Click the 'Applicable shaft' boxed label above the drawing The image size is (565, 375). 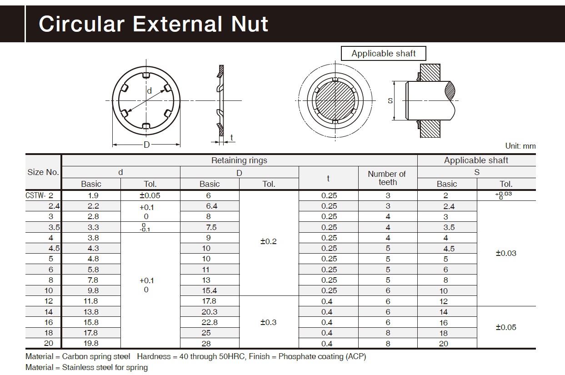[384, 54]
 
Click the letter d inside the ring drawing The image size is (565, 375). [149, 91]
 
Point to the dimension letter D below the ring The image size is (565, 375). [146, 145]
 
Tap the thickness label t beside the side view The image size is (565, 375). [232, 138]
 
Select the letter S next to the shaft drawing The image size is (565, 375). [390, 100]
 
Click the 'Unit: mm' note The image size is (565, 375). [520, 146]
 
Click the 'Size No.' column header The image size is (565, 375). [43, 172]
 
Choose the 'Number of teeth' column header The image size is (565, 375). [387, 178]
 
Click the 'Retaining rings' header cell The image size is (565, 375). [239, 160]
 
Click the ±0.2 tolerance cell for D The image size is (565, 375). [268, 241]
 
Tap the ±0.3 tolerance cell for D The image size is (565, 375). [268, 322]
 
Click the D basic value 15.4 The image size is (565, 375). [209, 290]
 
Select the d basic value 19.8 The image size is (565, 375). [90, 344]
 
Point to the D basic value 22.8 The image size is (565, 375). [209, 322]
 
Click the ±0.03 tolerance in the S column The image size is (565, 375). [505, 253]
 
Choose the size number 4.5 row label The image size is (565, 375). [54, 248]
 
